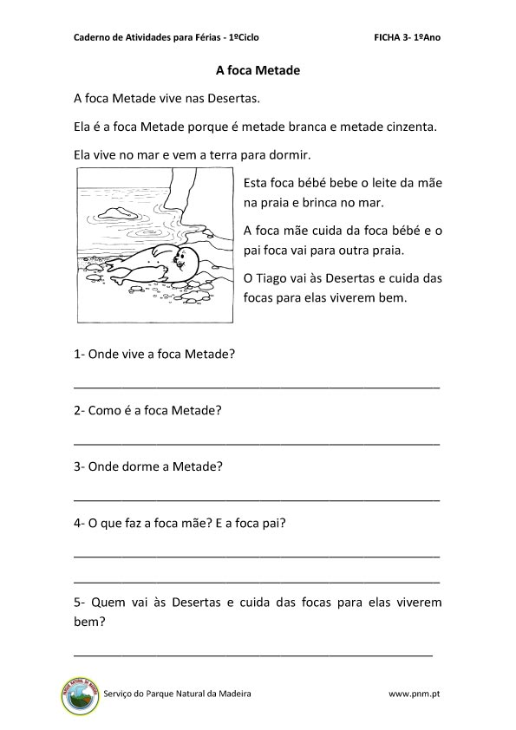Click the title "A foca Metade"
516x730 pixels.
[258, 71]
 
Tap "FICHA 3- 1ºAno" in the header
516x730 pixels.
[412, 38]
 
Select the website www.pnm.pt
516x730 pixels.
[419, 694]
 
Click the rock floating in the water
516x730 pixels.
[115, 212]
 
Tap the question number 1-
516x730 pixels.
[80, 354]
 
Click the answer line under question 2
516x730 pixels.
[257, 442]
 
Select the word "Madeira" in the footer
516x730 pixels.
[230, 694]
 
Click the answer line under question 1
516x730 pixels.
[257, 385]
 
